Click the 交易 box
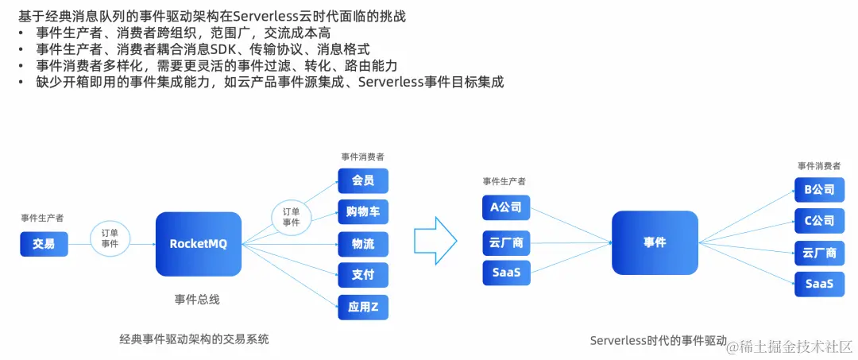44,244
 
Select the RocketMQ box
199,244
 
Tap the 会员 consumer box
363,180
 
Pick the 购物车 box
363,211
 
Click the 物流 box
363,243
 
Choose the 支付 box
363,275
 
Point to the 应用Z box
363,306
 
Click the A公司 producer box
505,207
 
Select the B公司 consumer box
819,190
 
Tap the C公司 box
819,221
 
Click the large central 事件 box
655,242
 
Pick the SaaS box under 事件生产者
505,273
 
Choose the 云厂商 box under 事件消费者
819,253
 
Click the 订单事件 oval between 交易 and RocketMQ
110,238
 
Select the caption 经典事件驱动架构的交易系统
194,339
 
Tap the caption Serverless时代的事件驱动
658,340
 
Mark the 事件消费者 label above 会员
362,157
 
